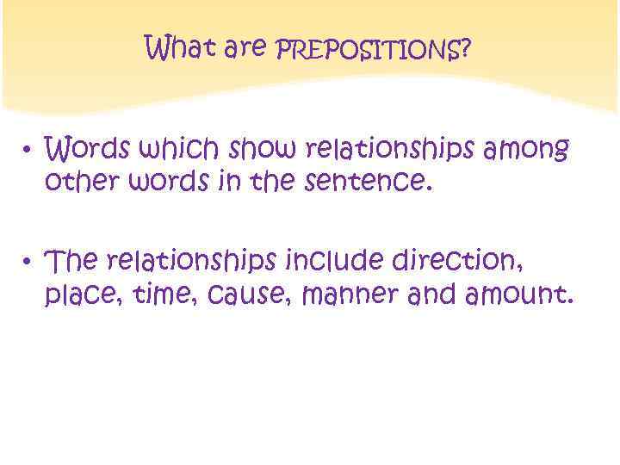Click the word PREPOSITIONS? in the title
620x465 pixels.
click(x=373, y=51)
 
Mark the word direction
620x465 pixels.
click(x=469, y=260)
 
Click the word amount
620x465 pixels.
click(x=518, y=296)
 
